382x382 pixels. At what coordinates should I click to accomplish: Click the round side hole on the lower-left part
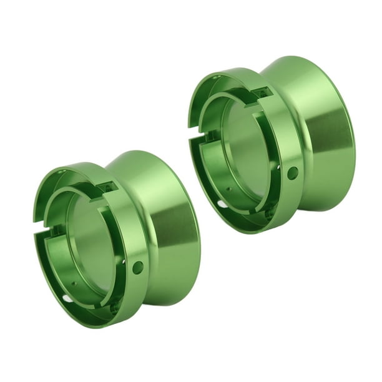click(x=138, y=267)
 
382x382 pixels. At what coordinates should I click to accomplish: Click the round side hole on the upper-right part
click(x=293, y=173)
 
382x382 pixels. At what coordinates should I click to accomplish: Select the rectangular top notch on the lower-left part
click(x=105, y=188)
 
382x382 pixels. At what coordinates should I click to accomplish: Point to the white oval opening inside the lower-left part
click(x=67, y=298)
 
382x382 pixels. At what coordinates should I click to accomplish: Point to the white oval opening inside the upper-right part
click(x=222, y=203)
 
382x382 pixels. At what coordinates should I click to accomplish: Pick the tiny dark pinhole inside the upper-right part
click(x=228, y=188)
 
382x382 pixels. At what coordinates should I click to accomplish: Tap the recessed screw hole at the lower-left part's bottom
click(x=115, y=306)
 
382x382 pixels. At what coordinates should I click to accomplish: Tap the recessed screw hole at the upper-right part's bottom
click(x=270, y=212)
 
